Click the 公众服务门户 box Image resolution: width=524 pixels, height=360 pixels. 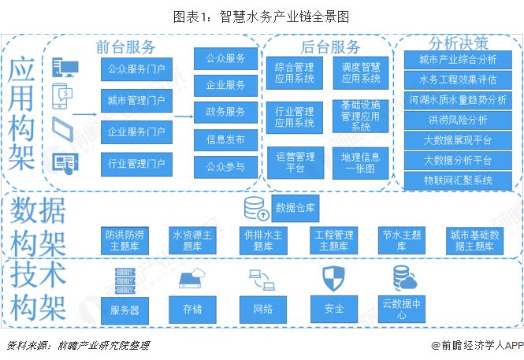coord(136,69)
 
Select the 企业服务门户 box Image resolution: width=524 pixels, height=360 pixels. coord(136,132)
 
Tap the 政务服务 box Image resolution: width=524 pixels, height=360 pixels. coord(225,112)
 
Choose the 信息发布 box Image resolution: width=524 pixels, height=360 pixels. coord(225,139)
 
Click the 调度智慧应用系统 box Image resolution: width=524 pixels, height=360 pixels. coord(361,72)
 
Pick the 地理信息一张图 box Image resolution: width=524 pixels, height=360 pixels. coord(361,163)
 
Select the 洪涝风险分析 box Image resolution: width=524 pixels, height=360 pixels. coord(458,121)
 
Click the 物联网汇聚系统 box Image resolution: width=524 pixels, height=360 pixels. coord(458,180)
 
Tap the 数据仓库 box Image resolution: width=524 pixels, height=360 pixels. coord(295,209)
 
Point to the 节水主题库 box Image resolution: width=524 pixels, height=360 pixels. coord(401,240)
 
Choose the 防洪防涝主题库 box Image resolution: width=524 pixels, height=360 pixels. coord(124,240)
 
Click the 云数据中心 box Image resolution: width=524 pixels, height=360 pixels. coord(401,309)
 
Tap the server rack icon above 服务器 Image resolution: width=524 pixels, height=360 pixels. coord(125,281)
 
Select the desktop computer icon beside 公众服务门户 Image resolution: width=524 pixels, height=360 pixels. coord(65,67)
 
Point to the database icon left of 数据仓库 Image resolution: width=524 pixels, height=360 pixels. coord(256,209)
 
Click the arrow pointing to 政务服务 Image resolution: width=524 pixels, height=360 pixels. coord(184,117)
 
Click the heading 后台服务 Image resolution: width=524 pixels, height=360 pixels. coord(330,46)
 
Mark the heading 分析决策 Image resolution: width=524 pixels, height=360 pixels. coord(458,43)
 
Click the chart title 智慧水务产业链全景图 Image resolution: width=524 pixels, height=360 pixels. coord(284,17)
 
